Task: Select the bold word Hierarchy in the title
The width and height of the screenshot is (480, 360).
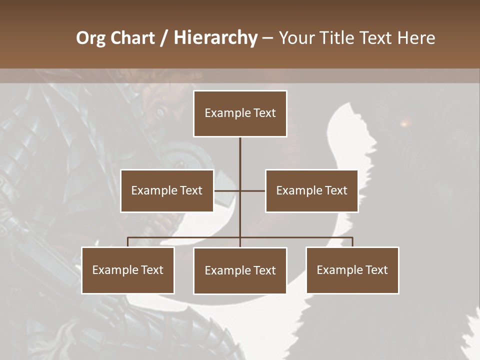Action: [215, 38]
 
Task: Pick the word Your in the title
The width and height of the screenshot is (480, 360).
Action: [295, 38]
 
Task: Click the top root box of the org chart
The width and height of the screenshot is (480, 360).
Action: [240, 113]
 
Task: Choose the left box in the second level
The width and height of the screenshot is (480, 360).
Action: [167, 190]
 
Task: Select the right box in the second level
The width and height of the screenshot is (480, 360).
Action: [311, 190]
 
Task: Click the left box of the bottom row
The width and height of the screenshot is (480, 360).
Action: [128, 270]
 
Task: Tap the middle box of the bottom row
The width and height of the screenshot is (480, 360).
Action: [240, 270]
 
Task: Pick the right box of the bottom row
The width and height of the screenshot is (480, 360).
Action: [352, 270]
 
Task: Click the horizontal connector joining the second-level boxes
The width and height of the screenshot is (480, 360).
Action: [252, 190]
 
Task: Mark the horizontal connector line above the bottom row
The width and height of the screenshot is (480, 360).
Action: [185, 237]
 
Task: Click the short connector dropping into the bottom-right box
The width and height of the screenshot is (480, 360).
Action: [352, 242]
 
